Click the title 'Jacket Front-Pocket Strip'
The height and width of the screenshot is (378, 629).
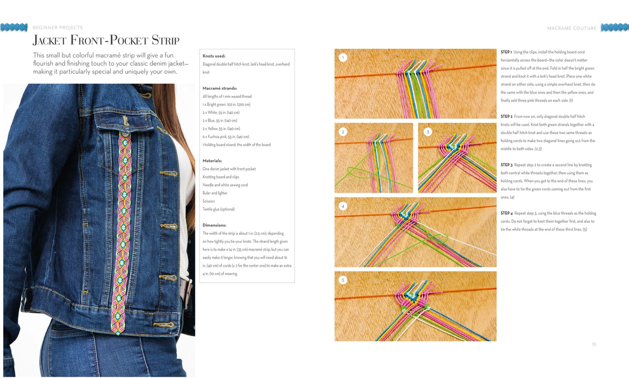click(x=106, y=40)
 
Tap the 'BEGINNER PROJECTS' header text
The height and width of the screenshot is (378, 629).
click(x=58, y=27)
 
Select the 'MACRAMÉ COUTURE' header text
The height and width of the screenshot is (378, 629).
click(x=572, y=28)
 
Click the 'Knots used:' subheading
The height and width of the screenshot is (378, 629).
click(x=214, y=56)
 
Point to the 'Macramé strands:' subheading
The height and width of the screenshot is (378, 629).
click(x=220, y=88)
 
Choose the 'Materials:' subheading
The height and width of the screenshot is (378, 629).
click(x=212, y=160)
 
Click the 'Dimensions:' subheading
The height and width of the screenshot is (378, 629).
click(x=214, y=225)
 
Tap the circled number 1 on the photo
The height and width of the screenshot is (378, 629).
click(x=343, y=58)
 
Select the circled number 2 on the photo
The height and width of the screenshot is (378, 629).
click(x=343, y=132)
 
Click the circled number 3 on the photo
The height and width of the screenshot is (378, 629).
click(x=428, y=132)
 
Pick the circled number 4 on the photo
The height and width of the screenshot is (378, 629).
click(x=343, y=206)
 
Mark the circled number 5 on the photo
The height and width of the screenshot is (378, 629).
click(x=343, y=280)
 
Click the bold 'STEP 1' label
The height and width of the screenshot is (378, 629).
click(x=506, y=52)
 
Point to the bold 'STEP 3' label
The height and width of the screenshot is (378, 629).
click(x=506, y=165)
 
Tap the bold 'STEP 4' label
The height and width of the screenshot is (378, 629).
click(x=506, y=213)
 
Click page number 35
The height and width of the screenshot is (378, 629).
click(x=594, y=344)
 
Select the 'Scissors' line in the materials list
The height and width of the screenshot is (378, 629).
click(x=209, y=201)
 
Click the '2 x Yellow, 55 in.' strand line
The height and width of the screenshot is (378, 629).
click(x=221, y=128)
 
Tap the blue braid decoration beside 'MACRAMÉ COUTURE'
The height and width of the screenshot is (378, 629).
click(x=615, y=27)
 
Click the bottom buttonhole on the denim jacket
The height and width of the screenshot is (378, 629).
click(x=164, y=325)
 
